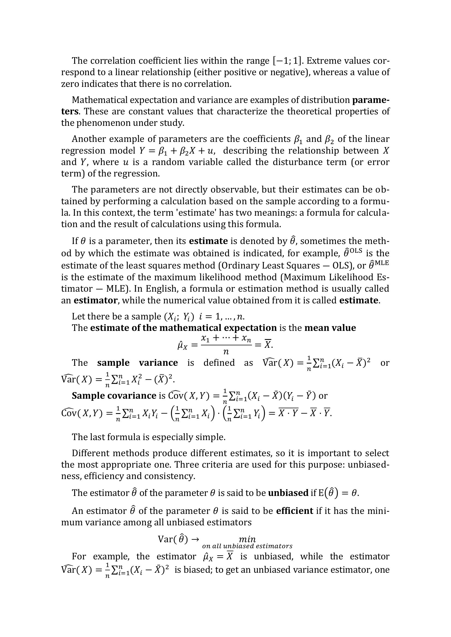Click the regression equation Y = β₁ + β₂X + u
click(x=177, y=151)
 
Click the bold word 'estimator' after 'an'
click(x=95, y=300)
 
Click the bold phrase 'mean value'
click(x=330, y=328)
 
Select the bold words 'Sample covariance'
click(x=114, y=396)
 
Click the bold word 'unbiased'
click(x=288, y=493)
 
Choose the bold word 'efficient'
click(x=294, y=511)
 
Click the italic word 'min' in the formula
click(x=247, y=539)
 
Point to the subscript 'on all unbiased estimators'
click(x=247, y=546)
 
